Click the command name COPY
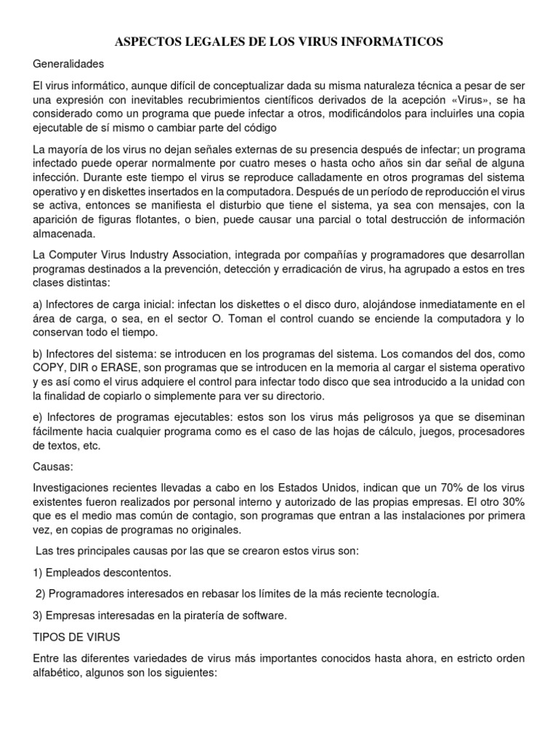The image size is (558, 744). pyautogui.click(x=49, y=368)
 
